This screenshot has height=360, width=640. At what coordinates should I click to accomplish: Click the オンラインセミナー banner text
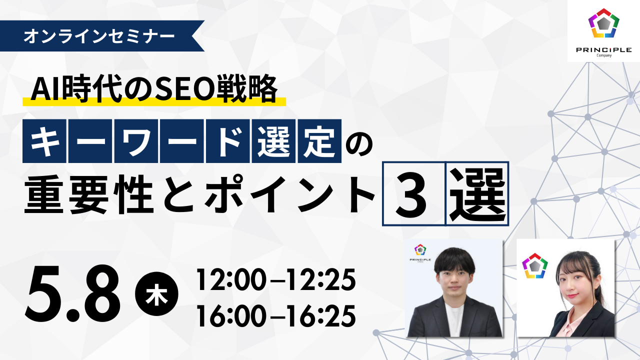[x=99, y=36]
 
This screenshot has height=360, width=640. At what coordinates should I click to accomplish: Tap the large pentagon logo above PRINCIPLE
[x=603, y=23]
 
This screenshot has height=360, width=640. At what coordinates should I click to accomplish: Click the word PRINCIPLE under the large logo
[x=603, y=49]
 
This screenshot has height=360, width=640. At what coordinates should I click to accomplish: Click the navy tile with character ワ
[x=136, y=141]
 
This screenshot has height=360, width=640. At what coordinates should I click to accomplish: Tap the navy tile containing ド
[x=227, y=141]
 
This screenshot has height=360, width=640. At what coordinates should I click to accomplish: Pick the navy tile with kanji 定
[x=319, y=141]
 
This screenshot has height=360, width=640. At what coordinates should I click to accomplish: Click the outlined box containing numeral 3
[x=414, y=194]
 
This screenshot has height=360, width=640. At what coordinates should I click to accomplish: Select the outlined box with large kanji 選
[x=477, y=194]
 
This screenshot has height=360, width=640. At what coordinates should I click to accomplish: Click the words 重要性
[x=89, y=194]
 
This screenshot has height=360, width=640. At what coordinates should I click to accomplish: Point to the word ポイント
[x=289, y=194]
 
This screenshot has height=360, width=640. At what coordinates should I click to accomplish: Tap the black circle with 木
[x=156, y=294]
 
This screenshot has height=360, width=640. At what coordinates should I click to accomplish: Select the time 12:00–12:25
[x=275, y=279]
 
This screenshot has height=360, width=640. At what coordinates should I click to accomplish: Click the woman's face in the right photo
[x=576, y=283]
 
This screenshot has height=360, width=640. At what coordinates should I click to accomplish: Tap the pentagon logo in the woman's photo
[x=534, y=265]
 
